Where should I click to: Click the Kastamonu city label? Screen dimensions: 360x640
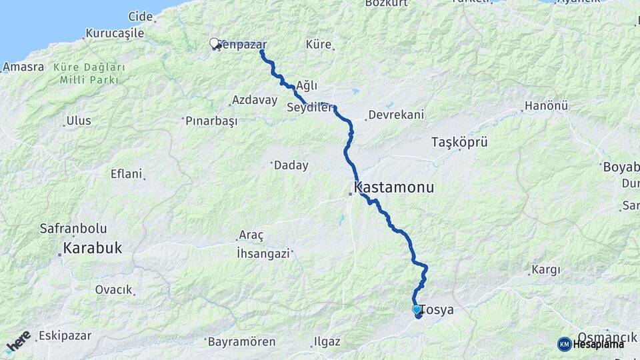(394, 187)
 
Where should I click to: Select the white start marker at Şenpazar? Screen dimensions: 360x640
(215, 44)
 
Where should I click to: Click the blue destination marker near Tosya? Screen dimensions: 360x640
(417, 310)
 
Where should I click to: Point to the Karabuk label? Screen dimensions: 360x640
(92, 248)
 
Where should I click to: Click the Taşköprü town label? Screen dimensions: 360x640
(459, 142)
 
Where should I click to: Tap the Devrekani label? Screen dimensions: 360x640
(396, 115)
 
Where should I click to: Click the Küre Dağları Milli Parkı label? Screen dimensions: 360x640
(89, 73)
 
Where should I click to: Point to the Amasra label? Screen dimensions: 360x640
(23, 67)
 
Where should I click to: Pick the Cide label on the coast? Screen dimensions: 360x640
(141, 15)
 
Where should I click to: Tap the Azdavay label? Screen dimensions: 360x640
(254, 100)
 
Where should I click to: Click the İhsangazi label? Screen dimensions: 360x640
(263, 253)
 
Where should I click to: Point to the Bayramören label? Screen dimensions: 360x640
(241, 342)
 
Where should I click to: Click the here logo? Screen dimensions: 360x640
(18, 341)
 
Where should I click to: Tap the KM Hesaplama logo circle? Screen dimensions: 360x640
(565, 344)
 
